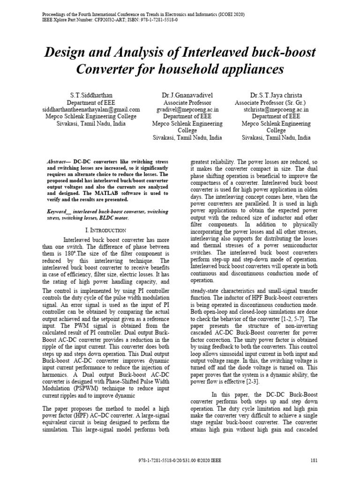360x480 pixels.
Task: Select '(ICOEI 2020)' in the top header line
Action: pos(227,15)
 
